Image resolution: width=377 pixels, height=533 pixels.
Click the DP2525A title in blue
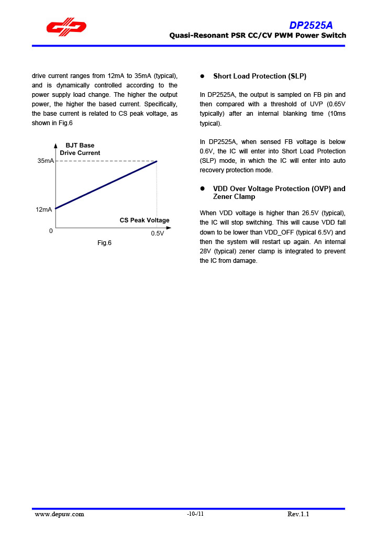(311, 26)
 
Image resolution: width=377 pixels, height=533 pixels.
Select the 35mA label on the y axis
(46, 161)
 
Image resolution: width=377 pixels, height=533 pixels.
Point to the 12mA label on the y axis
(44, 209)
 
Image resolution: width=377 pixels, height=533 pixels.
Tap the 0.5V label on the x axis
(157, 234)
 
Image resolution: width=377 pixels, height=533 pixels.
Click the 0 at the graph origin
(51, 231)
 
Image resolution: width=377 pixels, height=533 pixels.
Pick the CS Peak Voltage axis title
(145, 220)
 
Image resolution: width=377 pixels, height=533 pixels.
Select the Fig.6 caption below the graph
(104, 243)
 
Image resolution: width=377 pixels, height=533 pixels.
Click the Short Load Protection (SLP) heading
(260, 76)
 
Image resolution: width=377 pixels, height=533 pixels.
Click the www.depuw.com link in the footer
(60, 514)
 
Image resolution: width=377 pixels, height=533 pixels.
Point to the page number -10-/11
(195, 514)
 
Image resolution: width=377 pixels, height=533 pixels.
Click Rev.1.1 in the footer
(298, 514)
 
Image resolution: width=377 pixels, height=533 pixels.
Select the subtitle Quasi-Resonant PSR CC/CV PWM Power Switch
(258, 36)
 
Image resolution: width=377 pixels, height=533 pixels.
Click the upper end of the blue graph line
(157, 162)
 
